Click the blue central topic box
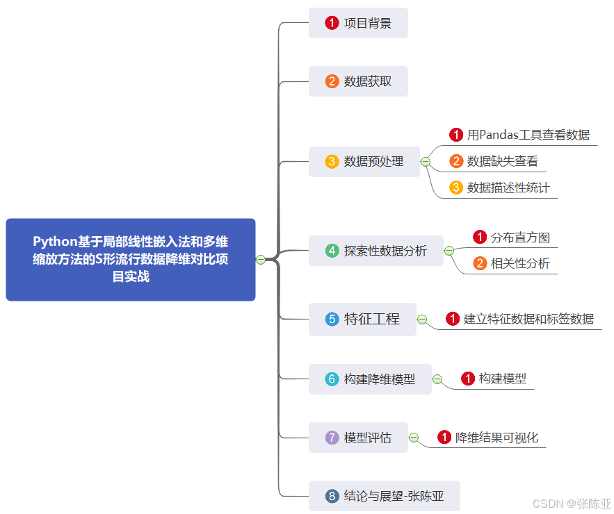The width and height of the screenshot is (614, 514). point(130,259)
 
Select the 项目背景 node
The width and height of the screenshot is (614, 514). point(358,23)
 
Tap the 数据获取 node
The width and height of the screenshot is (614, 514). point(358,81)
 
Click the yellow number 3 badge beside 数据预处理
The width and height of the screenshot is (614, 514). point(332,162)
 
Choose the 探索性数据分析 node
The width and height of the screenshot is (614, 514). point(376,251)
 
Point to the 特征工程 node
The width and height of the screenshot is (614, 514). point(362,320)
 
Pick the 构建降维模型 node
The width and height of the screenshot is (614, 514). point(370,379)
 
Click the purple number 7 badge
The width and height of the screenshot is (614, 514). point(332,438)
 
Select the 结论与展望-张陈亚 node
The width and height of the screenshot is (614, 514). point(385,496)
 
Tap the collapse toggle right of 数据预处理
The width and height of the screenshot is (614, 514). point(426,162)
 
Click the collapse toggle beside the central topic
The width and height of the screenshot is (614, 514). point(261,260)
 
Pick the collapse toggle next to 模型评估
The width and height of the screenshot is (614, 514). point(414,438)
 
